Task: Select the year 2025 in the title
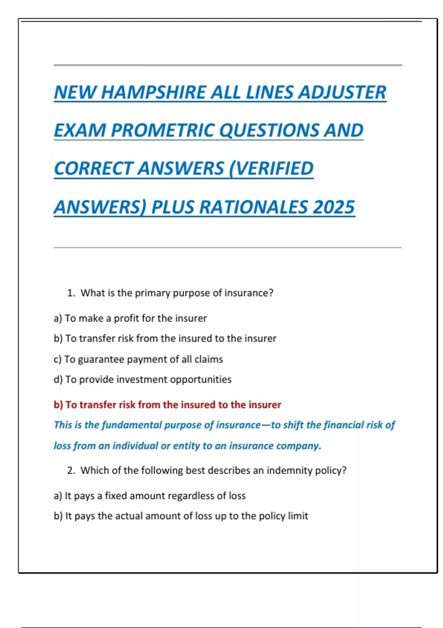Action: pyautogui.click(x=333, y=207)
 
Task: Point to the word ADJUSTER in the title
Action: pyautogui.click(x=342, y=92)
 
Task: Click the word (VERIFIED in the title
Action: pyautogui.click(x=271, y=168)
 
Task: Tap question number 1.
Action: pyautogui.click(x=71, y=293)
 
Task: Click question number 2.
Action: pyautogui.click(x=71, y=470)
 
